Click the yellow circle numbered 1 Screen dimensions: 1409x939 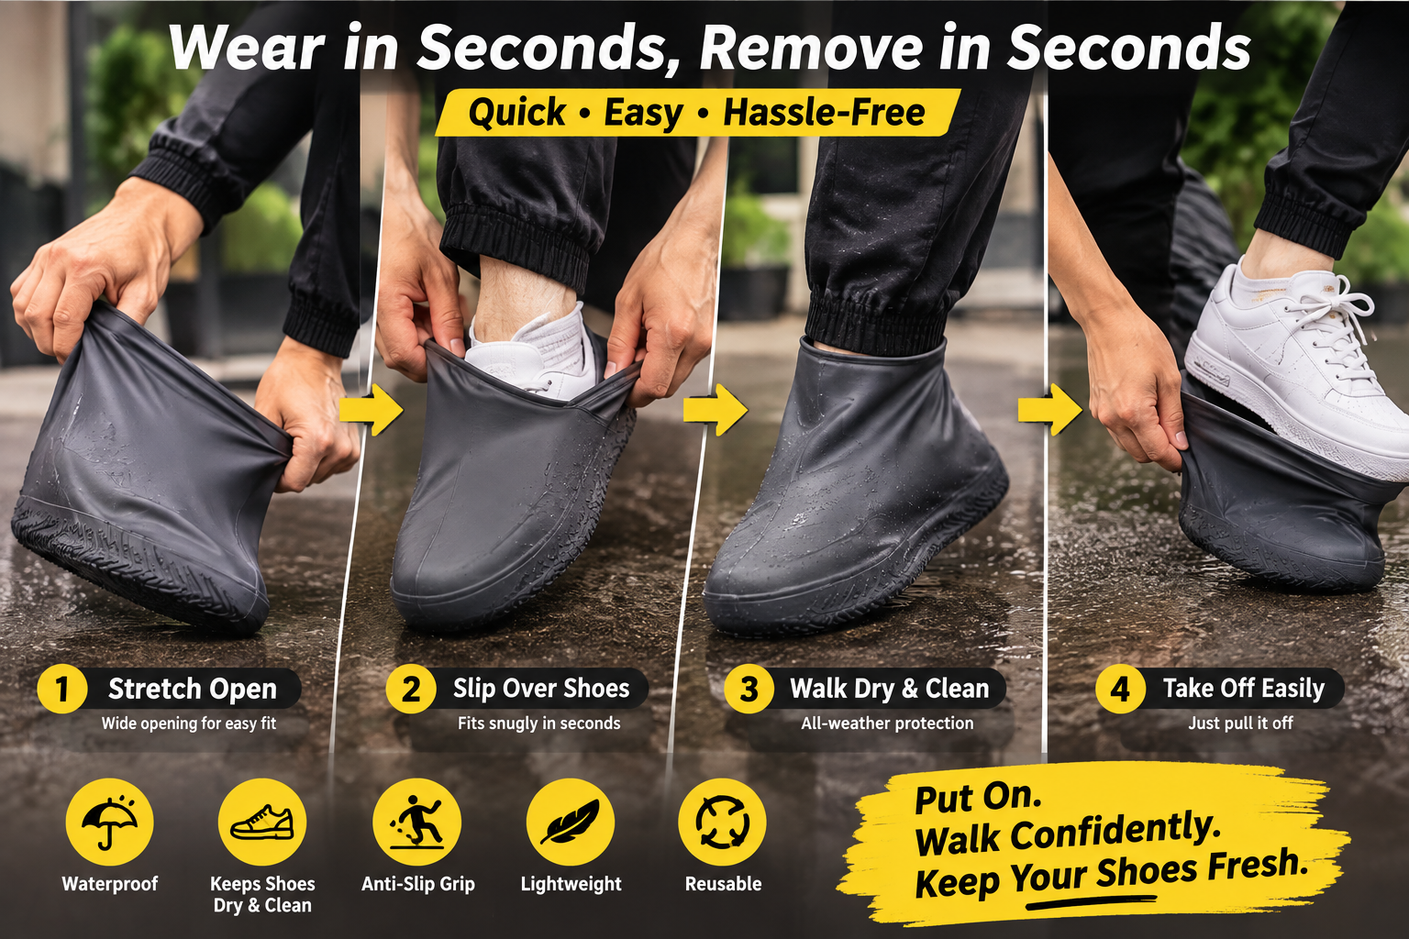pyautogui.click(x=61, y=689)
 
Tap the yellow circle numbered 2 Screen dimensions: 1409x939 pyautogui.click(x=411, y=689)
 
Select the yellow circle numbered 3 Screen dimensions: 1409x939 pyautogui.click(x=749, y=689)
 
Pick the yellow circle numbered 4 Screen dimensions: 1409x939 pyautogui.click(x=1120, y=689)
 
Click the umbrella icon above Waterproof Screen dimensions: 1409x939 pyautogui.click(x=109, y=822)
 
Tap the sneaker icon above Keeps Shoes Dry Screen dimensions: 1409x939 pyautogui.click(x=262, y=822)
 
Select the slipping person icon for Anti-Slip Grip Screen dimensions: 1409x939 pyautogui.click(x=416, y=822)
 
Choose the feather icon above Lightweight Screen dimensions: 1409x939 pyautogui.click(x=570, y=822)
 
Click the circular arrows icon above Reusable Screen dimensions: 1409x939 pyautogui.click(x=722, y=822)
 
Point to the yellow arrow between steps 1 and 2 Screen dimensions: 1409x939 pyautogui.click(x=372, y=410)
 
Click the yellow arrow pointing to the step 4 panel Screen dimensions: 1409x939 pyautogui.click(x=1049, y=410)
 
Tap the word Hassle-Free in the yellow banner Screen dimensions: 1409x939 pyautogui.click(x=824, y=113)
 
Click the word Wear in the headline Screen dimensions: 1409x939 pyautogui.click(x=247, y=48)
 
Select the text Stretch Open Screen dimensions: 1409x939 pyautogui.click(x=193, y=690)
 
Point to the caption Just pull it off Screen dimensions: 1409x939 pyautogui.click(x=1240, y=724)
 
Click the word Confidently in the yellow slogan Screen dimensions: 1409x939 pyautogui.click(x=1114, y=833)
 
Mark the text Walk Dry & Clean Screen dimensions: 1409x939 pyautogui.click(x=890, y=689)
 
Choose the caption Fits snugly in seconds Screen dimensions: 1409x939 pyautogui.click(x=539, y=724)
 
